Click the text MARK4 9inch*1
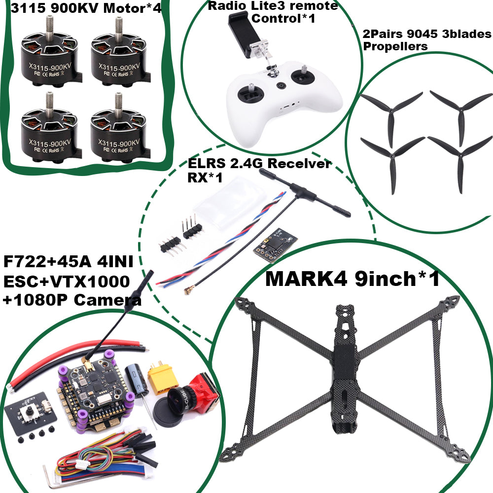coord(352,279)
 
